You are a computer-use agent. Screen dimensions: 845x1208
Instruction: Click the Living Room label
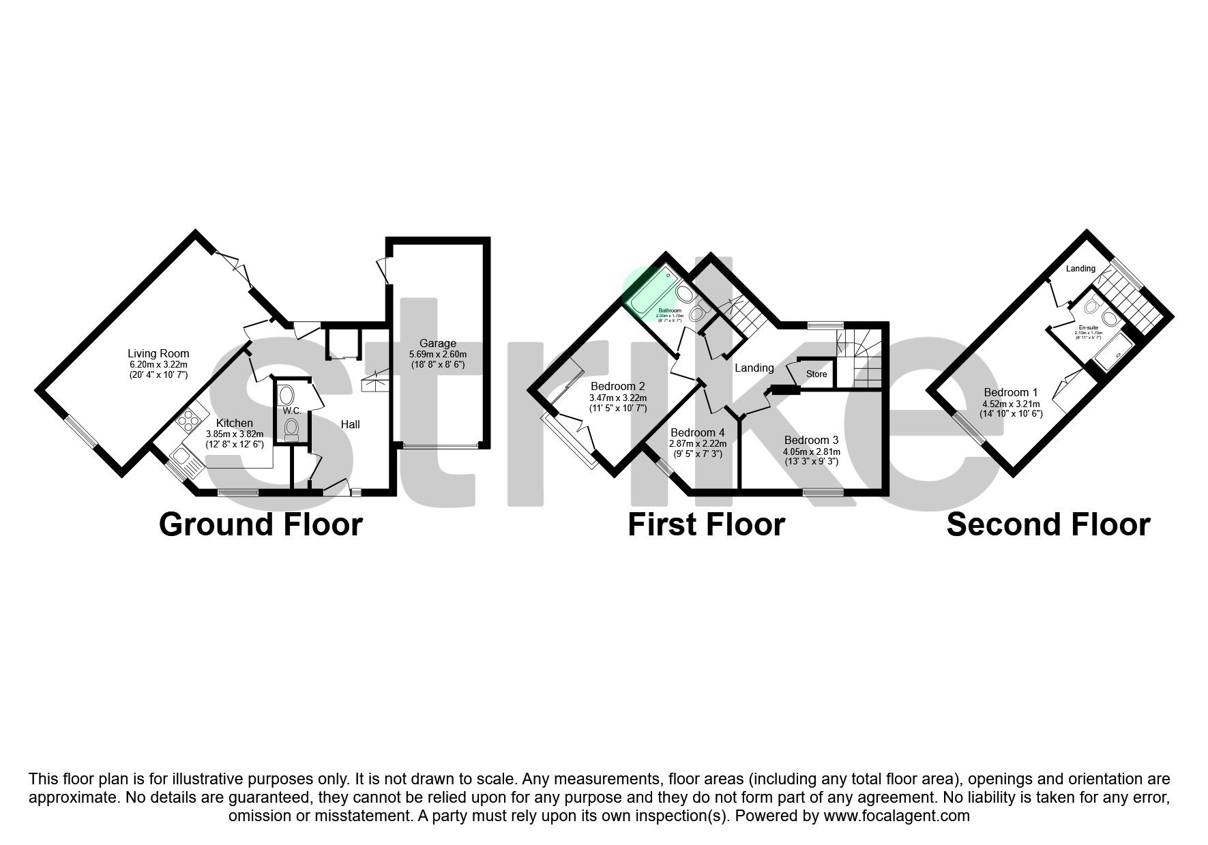click(x=158, y=353)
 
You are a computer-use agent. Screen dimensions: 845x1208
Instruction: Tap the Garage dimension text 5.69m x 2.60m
click(x=437, y=355)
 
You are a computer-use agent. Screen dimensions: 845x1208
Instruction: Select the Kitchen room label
click(x=234, y=424)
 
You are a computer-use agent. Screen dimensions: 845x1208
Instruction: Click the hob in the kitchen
click(x=192, y=418)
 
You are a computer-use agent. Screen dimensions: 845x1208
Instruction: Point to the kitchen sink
click(x=183, y=456)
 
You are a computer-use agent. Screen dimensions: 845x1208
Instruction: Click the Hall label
click(x=351, y=424)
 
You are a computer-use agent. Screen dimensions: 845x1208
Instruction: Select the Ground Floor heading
click(x=261, y=525)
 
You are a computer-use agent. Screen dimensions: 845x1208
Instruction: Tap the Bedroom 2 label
click(x=618, y=386)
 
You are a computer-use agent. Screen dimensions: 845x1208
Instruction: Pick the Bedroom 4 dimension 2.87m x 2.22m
click(x=697, y=443)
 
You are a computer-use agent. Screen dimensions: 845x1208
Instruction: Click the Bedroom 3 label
click(x=811, y=440)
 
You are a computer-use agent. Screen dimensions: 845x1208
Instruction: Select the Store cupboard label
click(x=816, y=374)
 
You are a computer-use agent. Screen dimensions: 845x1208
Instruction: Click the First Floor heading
click(x=706, y=525)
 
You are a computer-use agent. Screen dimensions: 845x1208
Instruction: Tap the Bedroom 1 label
click(x=1010, y=392)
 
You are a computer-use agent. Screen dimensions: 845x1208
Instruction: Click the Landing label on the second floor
click(x=1080, y=268)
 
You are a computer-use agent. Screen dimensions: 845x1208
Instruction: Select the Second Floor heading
click(x=1048, y=525)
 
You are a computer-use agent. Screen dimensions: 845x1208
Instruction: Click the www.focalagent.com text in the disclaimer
click(x=896, y=816)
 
